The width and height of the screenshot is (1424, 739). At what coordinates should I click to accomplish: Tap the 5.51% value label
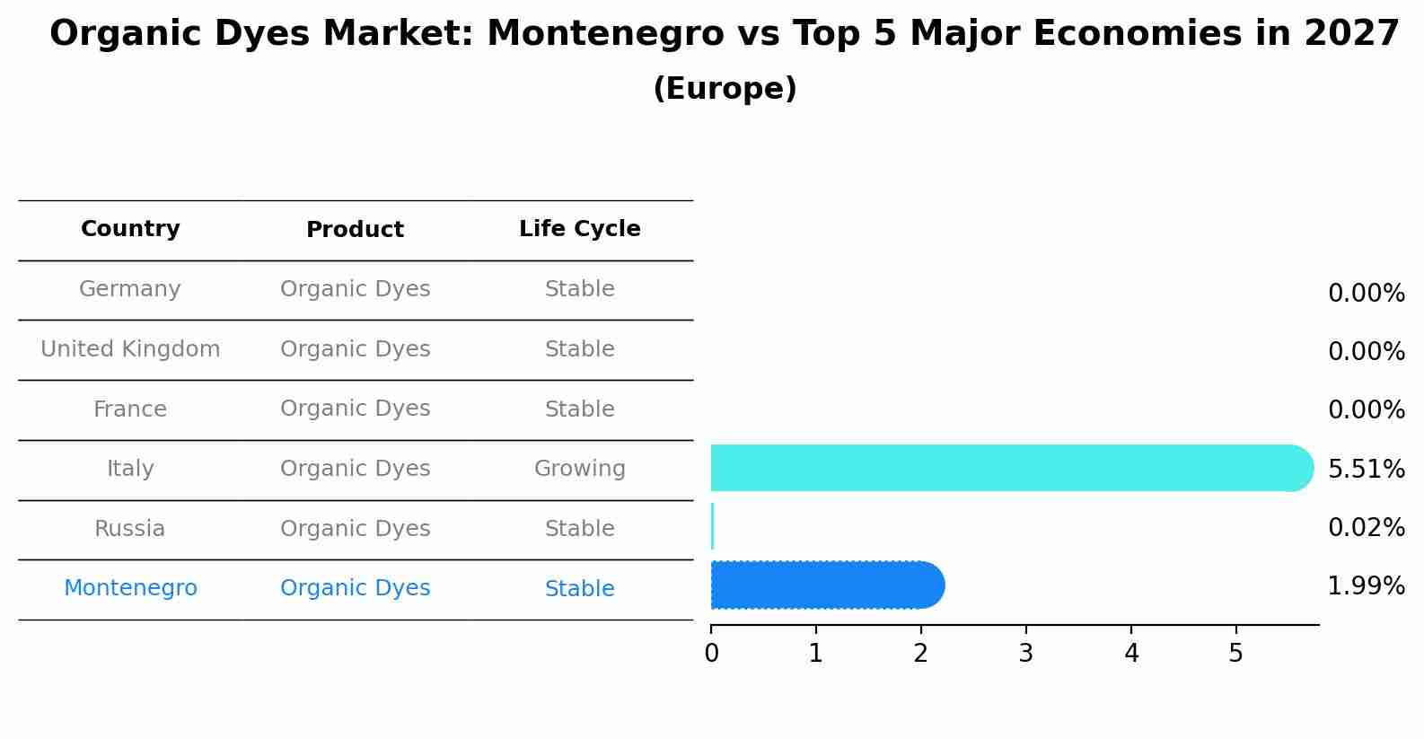pyautogui.click(x=1366, y=469)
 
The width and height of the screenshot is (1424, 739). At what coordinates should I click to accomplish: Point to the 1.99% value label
pyautogui.click(x=1366, y=586)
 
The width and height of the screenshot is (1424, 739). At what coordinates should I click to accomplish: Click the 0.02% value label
pyautogui.click(x=1366, y=527)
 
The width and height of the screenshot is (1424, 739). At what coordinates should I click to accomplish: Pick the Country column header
pyautogui.click(x=130, y=229)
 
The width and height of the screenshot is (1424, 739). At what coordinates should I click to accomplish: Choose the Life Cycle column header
pyautogui.click(x=579, y=229)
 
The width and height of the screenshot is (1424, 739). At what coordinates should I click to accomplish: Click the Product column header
pyautogui.click(x=355, y=230)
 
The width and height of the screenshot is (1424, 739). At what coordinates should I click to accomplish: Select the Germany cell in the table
pyautogui.click(x=130, y=289)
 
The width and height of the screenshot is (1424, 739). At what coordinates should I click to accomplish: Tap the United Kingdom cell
pyautogui.click(x=130, y=349)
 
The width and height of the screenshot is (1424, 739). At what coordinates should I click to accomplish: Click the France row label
pyautogui.click(x=130, y=409)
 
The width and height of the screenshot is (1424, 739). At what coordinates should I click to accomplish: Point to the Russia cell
pyautogui.click(x=130, y=529)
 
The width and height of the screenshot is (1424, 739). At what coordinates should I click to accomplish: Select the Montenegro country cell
pyautogui.click(x=130, y=588)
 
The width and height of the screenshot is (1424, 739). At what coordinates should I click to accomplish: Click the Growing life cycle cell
pyautogui.click(x=579, y=469)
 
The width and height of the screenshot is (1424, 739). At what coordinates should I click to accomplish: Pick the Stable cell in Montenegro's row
pyautogui.click(x=579, y=589)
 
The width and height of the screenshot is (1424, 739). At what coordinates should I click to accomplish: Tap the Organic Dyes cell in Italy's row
pyautogui.click(x=355, y=469)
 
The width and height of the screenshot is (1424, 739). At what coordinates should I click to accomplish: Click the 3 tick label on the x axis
pyautogui.click(x=1025, y=654)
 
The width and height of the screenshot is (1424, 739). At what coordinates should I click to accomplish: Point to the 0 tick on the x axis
pyautogui.click(x=711, y=654)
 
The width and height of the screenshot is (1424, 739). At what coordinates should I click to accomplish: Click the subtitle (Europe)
pyautogui.click(x=725, y=89)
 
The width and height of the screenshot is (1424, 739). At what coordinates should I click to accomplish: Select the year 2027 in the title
pyautogui.click(x=1351, y=34)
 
